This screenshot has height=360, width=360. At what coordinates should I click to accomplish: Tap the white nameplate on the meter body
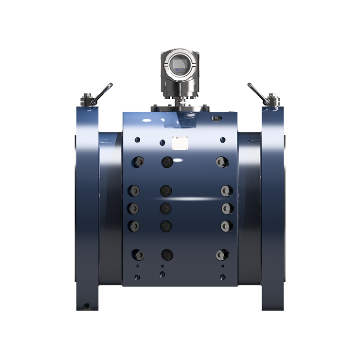click(x=180, y=143)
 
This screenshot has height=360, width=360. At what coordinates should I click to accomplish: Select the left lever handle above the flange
click(x=103, y=92)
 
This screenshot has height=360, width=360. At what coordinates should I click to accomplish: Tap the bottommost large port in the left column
click(x=138, y=255)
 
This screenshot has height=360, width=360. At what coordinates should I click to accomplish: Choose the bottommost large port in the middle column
click(x=167, y=255)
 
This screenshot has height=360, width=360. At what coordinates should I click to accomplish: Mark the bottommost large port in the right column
click(x=222, y=255)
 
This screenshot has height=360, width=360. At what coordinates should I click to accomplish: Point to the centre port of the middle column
click(x=166, y=208)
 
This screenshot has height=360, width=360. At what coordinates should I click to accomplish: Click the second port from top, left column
click(x=133, y=190)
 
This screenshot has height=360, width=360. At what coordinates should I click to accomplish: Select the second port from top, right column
click(x=226, y=190)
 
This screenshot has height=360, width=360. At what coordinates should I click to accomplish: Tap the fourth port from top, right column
click(x=226, y=226)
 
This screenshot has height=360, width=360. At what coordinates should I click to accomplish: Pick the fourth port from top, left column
click(x=134, y=226)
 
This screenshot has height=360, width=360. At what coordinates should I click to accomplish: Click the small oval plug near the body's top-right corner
click(x=216, y=118)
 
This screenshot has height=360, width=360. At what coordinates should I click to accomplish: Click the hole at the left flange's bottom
click(x=87, y=306)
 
